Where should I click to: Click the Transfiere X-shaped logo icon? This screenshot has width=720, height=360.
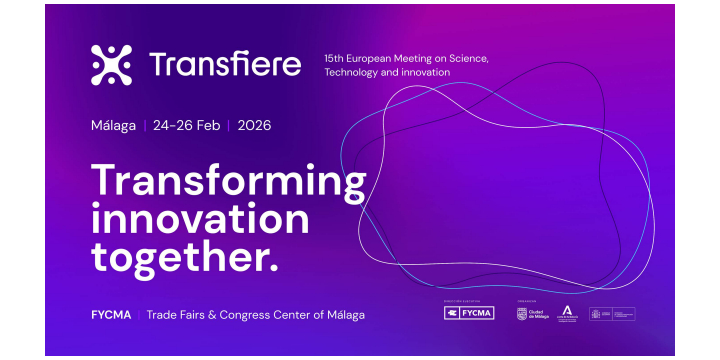[x=111, y=65]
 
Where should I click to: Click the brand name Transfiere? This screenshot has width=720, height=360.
[x=224, y=65]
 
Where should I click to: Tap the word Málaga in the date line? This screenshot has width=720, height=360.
[x=113, y=126]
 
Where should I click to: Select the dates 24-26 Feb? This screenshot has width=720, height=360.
[x=187, y=126]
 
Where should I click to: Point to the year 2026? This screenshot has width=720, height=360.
[x=254, y=126]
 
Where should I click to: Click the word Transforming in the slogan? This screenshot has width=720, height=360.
[x=229, y=183]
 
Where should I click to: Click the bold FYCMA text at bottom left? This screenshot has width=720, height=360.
[x=111, y=315]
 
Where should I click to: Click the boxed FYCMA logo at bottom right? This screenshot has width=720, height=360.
[x=469, y=314]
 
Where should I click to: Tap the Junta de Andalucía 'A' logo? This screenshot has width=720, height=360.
[x=566, y=314]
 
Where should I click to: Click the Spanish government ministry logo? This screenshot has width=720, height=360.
[x=612, y=314]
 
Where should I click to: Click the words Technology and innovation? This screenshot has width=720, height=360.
[x=387, y=73]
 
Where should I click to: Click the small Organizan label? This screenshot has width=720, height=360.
[x=526, y=300]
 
